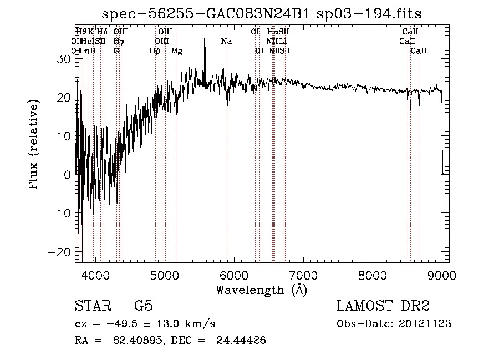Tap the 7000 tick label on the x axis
[303, 275]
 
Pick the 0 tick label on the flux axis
[67, 175]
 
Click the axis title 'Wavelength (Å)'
[261, 290]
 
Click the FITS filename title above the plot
[266, 13]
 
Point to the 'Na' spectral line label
[226, 42]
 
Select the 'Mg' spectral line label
[177, 51]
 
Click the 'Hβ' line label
[155, 51]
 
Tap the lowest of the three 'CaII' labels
[419, 51]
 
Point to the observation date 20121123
[425, 324]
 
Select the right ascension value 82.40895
[142, 341]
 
